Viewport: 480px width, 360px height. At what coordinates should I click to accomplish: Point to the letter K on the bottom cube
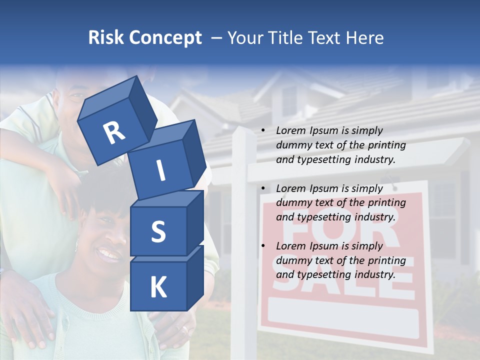[158, 287]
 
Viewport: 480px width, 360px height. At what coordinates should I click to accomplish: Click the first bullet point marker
[263, 131]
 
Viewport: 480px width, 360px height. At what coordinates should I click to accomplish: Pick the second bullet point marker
[263, 189]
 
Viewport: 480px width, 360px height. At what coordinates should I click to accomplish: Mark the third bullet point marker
[263, 246]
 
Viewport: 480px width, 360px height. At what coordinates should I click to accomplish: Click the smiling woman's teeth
[108, 254]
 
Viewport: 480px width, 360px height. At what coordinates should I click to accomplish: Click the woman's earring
[76, 245]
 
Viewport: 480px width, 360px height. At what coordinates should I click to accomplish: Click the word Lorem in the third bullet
[290, 246]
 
